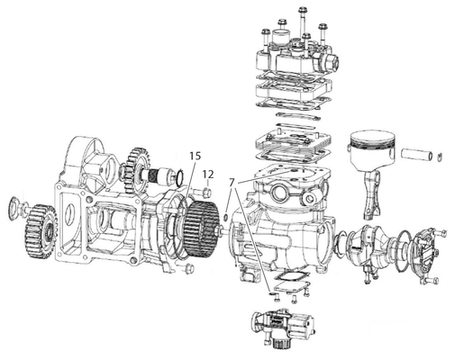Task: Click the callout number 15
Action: [195, 156]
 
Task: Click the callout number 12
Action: [208, 174]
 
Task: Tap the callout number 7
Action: [231, 183]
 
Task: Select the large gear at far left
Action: [41, 231]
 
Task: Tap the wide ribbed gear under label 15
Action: [201, 229]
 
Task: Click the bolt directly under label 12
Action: [206, 192]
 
